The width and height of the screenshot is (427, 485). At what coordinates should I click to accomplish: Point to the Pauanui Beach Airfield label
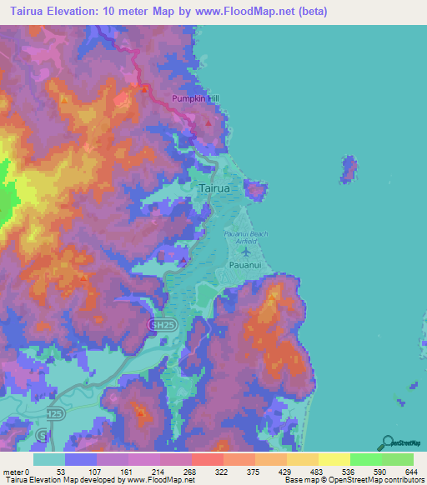246,237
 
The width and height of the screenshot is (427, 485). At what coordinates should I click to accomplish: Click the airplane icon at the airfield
247,249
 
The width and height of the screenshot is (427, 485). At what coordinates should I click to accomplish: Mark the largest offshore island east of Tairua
349,169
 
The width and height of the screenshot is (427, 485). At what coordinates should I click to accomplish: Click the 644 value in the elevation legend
411,472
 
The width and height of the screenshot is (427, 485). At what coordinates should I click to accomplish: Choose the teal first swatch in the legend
49,459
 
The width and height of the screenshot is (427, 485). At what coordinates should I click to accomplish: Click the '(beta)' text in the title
313,12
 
